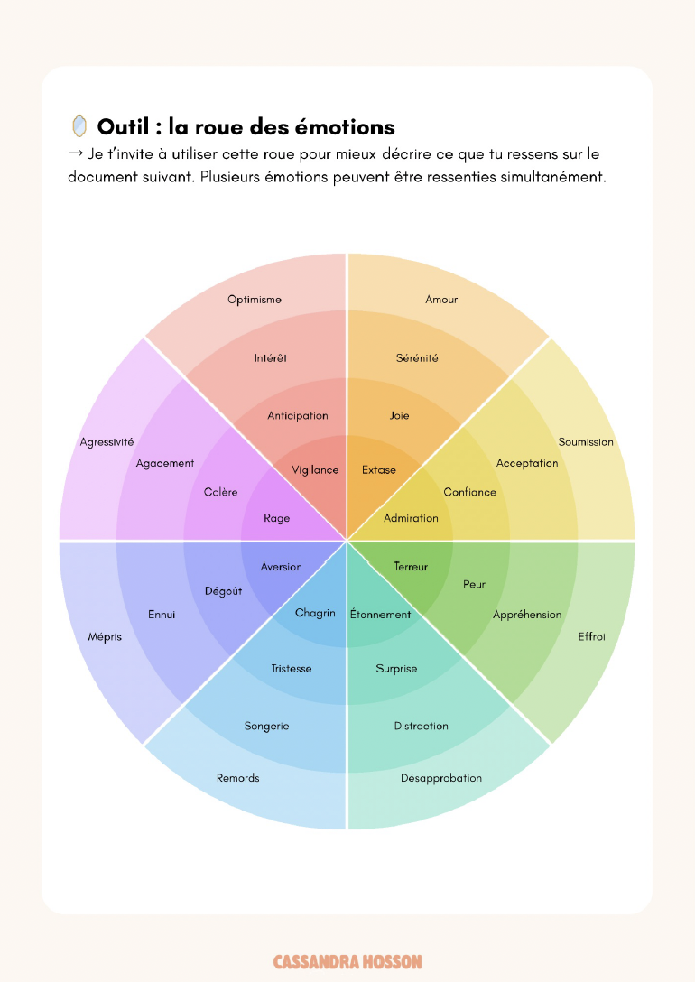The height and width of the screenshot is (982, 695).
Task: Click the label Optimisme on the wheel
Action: pos(255,300)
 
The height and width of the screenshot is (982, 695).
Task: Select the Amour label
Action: pos(441,300)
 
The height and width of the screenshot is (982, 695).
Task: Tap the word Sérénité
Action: pos(417,358)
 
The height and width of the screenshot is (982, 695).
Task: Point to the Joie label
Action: pos(399,416)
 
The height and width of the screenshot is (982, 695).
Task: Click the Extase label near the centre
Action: pos(379,470)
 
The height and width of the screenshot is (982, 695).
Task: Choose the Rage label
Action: pos(276,518)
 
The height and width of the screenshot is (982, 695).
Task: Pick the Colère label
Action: pos(221,492)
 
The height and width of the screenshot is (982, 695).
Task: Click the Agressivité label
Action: pos(107,442)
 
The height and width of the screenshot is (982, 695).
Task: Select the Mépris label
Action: pos(106,637)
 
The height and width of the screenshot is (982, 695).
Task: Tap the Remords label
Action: pos(238,778)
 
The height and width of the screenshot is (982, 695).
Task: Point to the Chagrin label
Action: pos(316,614)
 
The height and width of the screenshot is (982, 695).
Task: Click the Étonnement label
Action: pos(380,615)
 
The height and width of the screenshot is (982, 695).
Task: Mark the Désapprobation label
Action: pos(441,778)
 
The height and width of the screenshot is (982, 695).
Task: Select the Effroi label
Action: pos(591,637)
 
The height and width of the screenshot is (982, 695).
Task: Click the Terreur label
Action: pos(411,567)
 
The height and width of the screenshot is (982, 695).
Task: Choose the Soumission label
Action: pos(586,442)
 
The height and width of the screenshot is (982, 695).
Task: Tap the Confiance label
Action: pos(469,492)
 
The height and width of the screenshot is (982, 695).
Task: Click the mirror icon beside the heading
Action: pos(79,125)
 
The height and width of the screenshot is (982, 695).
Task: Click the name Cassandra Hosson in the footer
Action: pos(347,962)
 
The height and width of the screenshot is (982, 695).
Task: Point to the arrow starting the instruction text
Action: pos(76,154)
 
